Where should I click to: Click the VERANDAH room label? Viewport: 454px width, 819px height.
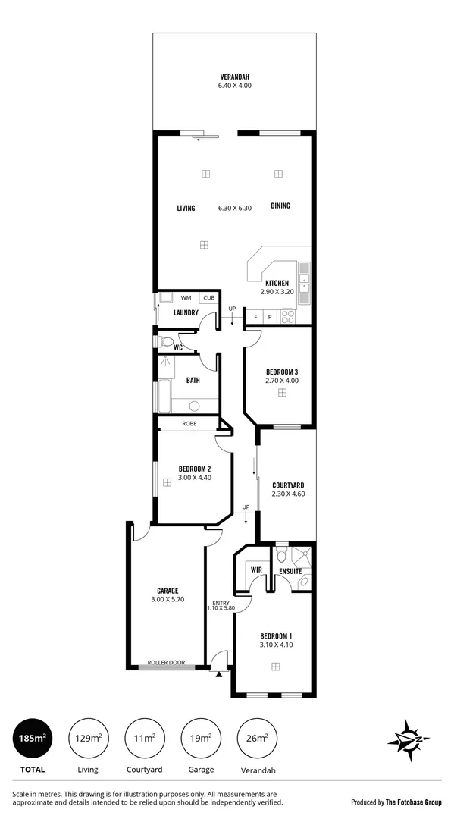[x=235, y=77]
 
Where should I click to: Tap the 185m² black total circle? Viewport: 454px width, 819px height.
[x=33, y=738]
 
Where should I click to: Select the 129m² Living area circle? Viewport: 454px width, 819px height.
[x=87, y=738]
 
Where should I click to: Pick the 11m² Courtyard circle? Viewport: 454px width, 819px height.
[x=144, y=738]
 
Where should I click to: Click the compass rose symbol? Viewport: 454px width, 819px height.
[x=409, y=739]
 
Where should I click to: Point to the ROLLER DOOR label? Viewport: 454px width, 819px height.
[x=166, y=662]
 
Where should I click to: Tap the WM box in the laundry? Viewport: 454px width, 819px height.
[x=186, y=298]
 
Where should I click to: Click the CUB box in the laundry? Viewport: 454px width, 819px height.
[x=208, y=298]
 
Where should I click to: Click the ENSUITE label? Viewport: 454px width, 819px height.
[x=290, y=570]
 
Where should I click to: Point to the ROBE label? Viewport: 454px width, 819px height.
[x=189, y=423]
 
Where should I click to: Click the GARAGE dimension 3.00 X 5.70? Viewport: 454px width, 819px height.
[x=168, y=600]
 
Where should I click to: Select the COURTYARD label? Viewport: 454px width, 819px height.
[x=287, y=485]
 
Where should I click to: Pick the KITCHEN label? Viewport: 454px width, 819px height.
[x=277, y=283]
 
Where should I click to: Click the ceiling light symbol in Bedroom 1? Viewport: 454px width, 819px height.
[x=276, y=667]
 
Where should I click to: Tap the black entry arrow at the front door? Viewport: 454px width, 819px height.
[x=219, y=673]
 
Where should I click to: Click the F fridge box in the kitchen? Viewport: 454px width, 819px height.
[x=255, y=316]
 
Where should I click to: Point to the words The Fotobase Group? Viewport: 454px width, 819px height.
[x=414, y=802]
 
